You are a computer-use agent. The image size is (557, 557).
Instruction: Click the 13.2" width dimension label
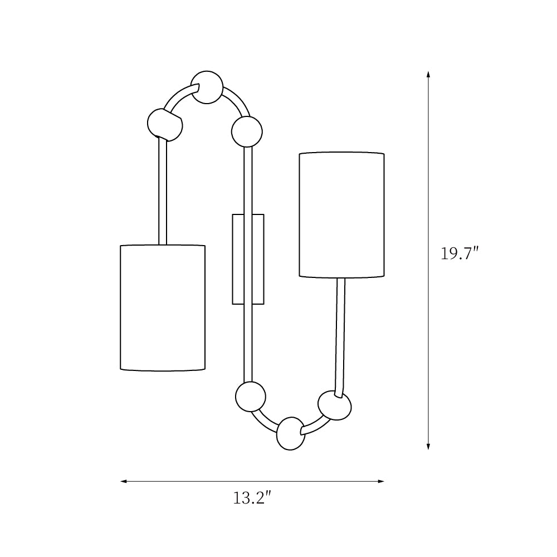click(x=252, y=498)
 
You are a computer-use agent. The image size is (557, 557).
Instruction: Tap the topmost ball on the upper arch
click(x=207, y=87)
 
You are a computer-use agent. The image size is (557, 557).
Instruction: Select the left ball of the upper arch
click(x=165, y=124)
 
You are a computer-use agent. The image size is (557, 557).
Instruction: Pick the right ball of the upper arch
click(x=247, y=132)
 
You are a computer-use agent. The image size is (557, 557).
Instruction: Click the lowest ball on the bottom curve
click(x=291, y=434)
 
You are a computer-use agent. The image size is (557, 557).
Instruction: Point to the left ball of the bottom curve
click(x=251, y=397)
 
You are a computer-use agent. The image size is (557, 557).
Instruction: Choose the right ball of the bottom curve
click(x=335, y=405)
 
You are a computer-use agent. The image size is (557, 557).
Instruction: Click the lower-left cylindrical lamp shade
click(x=163, y=308)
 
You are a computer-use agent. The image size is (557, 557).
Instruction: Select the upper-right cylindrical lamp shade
click(x=342, y=215)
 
